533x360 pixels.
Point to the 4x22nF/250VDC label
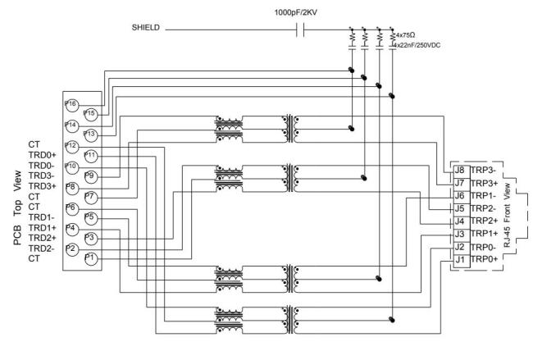click(x=421, y=45)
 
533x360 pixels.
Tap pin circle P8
click(x=71, y=187)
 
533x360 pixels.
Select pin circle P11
click(x=90, y=154)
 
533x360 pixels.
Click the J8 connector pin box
click(x=460, y=171)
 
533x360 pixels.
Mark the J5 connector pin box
click(x=460, y=209)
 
